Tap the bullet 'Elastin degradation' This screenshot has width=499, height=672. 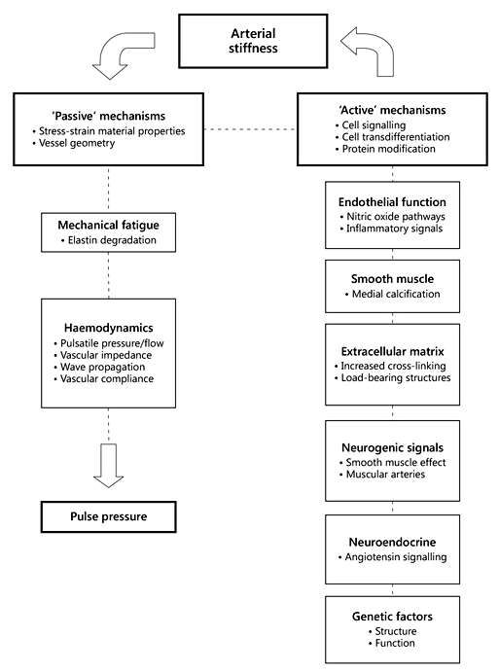click(104, 239)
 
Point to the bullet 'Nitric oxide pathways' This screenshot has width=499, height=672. click(393, 216)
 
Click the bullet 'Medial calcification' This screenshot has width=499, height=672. click(395, 295)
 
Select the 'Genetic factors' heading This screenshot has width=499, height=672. click(393, 617)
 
